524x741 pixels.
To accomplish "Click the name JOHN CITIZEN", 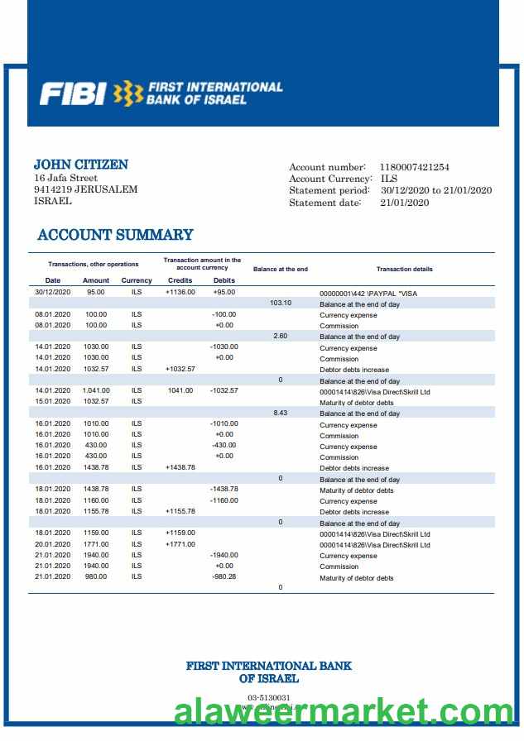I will tap(80, 165).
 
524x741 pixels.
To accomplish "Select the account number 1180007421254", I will tap(414, 167).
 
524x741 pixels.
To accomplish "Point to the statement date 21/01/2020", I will tap(405, 203).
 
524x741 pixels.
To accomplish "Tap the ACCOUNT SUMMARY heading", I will tap(115, 235).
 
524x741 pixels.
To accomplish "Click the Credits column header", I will tap(180, 280).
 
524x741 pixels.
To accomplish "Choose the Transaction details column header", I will tap(404, 270).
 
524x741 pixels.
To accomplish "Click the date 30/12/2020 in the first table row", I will tap(53, 292).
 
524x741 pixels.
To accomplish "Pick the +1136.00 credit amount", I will tap(180, 292).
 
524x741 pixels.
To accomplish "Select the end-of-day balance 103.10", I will tap(281, 303).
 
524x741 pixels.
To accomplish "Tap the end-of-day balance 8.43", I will tap(281, 412).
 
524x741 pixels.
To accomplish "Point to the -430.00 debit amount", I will tap(224, 445).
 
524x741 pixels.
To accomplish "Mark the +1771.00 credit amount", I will tap(180, 544).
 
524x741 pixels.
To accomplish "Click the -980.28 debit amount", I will tap(224, 576).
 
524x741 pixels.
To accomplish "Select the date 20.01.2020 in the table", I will tap(53, 544).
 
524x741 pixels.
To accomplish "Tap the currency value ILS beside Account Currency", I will tap(389, 179).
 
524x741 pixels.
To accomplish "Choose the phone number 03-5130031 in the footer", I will tap(269, 698).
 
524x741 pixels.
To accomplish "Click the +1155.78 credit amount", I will tap(180, 511).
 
